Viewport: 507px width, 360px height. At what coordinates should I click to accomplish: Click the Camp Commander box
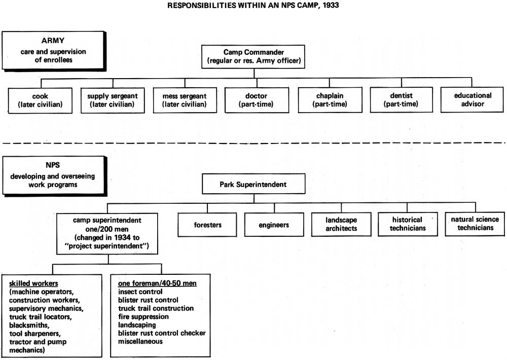[253, 57]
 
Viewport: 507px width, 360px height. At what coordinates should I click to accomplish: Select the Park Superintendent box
[253, 184]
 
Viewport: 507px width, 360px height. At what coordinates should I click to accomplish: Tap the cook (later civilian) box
[40, 100]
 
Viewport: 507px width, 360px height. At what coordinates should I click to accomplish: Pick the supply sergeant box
[113, 100]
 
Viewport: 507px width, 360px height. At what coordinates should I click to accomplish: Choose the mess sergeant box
[185, 100]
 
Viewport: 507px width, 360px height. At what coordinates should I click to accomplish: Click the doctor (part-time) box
[257, 100]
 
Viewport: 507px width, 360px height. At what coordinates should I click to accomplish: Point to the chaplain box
[330, 99]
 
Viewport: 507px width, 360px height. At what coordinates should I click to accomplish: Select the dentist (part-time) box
[401, 99]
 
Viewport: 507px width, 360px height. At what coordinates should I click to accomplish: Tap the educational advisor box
[472, 99]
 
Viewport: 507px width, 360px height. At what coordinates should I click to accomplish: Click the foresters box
[207, 225]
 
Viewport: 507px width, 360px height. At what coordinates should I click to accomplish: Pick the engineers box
[274, 225]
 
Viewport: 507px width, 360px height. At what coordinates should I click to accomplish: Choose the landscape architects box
[341, 224]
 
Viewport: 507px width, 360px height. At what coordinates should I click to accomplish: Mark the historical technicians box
[408, 224]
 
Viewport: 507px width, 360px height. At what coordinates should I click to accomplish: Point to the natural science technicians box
[475, 224]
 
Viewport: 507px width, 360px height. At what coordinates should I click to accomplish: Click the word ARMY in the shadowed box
[53, 41]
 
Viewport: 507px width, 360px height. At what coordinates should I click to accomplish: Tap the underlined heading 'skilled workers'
[33, 283]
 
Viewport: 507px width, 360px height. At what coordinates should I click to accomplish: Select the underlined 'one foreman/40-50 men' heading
[157, 283]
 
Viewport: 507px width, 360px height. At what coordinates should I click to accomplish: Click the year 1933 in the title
[330, 5]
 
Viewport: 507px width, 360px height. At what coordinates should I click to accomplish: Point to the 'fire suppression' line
[143, 317]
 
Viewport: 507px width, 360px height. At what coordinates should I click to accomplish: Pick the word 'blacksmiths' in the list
[29, 325]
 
